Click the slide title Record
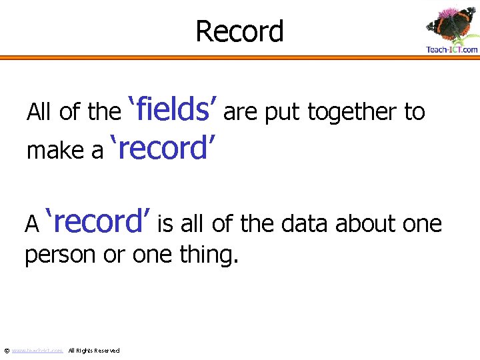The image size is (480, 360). [239, 31]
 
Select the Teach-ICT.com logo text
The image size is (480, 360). [451, 49]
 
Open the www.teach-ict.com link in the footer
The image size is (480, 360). [37, 351]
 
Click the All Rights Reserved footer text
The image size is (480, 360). [94, 351]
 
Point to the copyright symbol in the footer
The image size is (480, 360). [6, 351]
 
